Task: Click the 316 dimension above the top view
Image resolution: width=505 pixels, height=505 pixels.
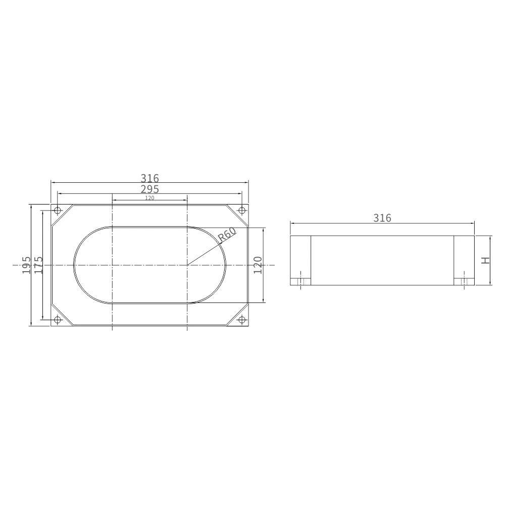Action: tap(150, 178)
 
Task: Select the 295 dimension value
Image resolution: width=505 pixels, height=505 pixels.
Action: tap(150, 189)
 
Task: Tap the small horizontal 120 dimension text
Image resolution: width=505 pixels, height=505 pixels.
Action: tap(150, 198)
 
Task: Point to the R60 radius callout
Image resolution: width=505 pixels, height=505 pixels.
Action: tap(227, 235)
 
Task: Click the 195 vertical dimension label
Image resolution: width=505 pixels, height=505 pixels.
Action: tap(26, 265)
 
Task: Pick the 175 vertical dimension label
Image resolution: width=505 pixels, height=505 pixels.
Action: tap(38, 265)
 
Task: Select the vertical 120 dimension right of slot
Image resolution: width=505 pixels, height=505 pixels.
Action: tap(258, 265)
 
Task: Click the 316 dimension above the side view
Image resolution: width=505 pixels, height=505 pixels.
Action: tap(382, 218)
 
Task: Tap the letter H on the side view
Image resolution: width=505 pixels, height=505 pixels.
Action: tap(485, 260)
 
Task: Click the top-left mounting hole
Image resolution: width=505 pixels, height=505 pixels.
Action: tap(58, 211)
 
